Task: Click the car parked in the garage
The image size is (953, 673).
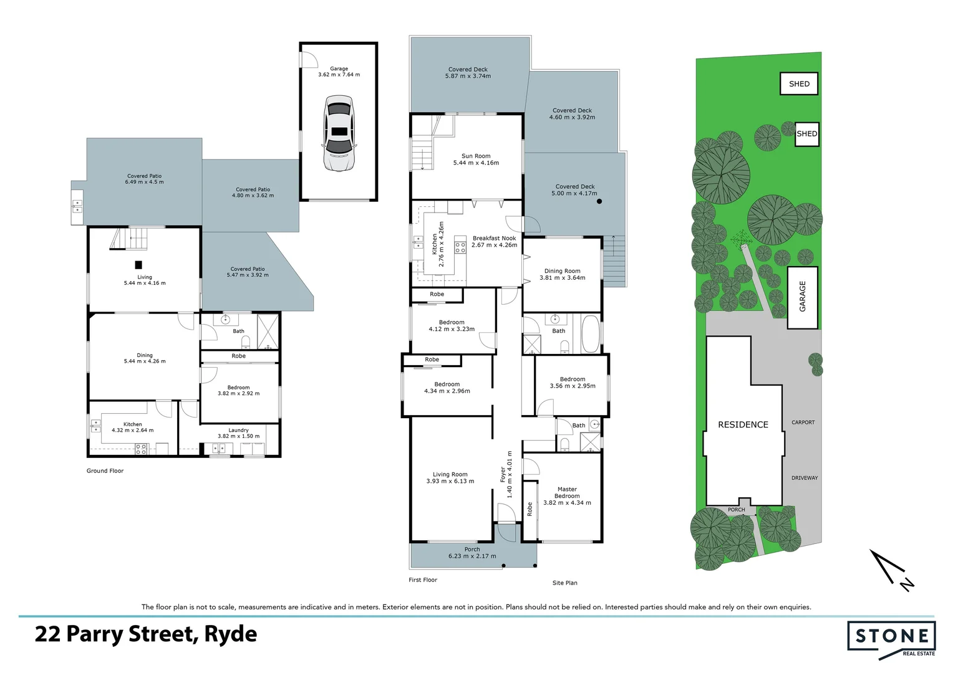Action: coord(339,133)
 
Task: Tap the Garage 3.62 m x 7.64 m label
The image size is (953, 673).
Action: coord(339,72)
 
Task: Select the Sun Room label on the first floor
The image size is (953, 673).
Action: coord(476,160)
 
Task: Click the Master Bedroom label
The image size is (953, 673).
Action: coord(567,496)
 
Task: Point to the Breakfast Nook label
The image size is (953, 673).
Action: coord(494,242)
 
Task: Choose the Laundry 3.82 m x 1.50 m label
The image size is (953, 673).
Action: coord(238,433)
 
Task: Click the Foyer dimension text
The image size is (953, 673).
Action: coord(506,474)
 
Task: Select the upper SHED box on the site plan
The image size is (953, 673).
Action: coord(799,84)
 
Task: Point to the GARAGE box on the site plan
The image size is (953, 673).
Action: coord(803,297)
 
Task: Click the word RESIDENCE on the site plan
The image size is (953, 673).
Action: coord(743,424)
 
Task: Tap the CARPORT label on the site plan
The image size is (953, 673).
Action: coord(803,422)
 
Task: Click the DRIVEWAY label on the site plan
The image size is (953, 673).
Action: coord(804,478)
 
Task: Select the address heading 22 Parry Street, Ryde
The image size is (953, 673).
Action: coord(146,634)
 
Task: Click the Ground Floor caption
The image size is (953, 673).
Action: coord(105,471)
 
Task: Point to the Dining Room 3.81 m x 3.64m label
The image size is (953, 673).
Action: coord(562,274)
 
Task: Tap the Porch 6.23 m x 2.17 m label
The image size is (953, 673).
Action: coord(472,553)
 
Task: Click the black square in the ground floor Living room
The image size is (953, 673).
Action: coord(138,264)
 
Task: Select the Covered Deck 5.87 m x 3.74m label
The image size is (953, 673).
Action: coord(468,73)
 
